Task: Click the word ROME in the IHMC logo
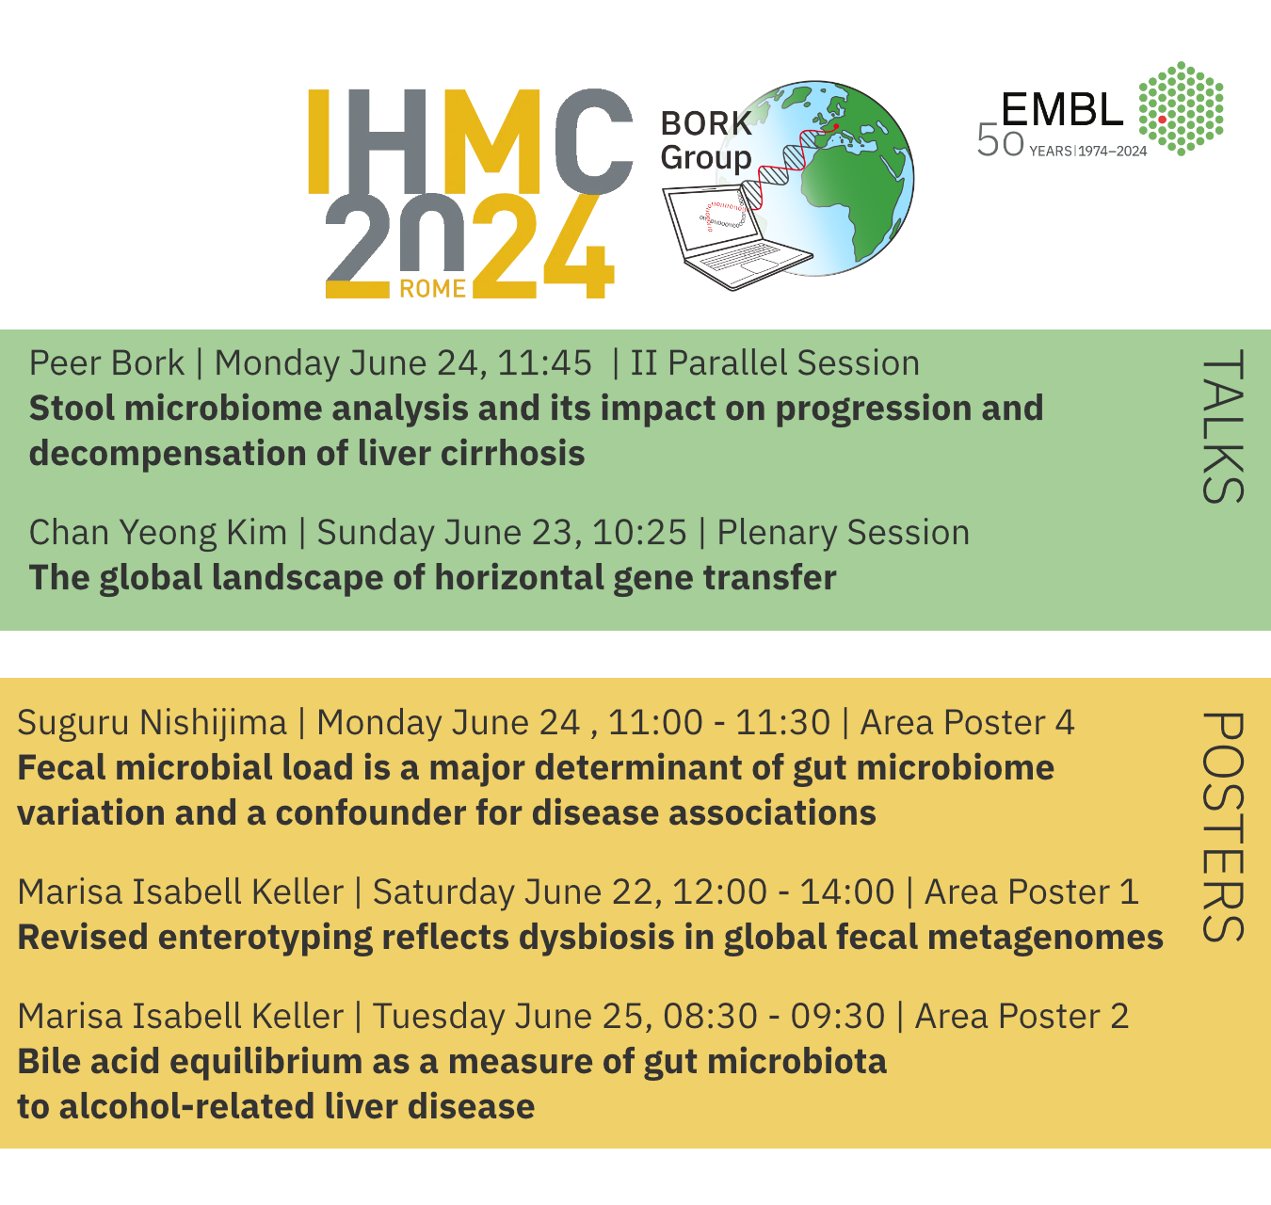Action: click(432, 288)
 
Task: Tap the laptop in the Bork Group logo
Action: click(737, 238)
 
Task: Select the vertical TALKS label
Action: click(1222, 426)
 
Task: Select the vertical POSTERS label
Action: click(1222, 827)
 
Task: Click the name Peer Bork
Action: click(106, 362)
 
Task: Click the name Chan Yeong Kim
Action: click(158, 533)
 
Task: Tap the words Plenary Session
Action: click(843, 533)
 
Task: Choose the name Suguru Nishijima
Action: click(152, 722)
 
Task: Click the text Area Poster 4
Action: click(967, 722)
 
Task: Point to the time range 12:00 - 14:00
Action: click(783, 892)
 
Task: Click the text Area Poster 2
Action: click(1022, 1016)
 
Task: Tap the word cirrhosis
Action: click(513, 453)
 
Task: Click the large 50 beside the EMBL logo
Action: click(1000, 140)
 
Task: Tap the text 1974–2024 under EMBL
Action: click(1113, 152)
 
